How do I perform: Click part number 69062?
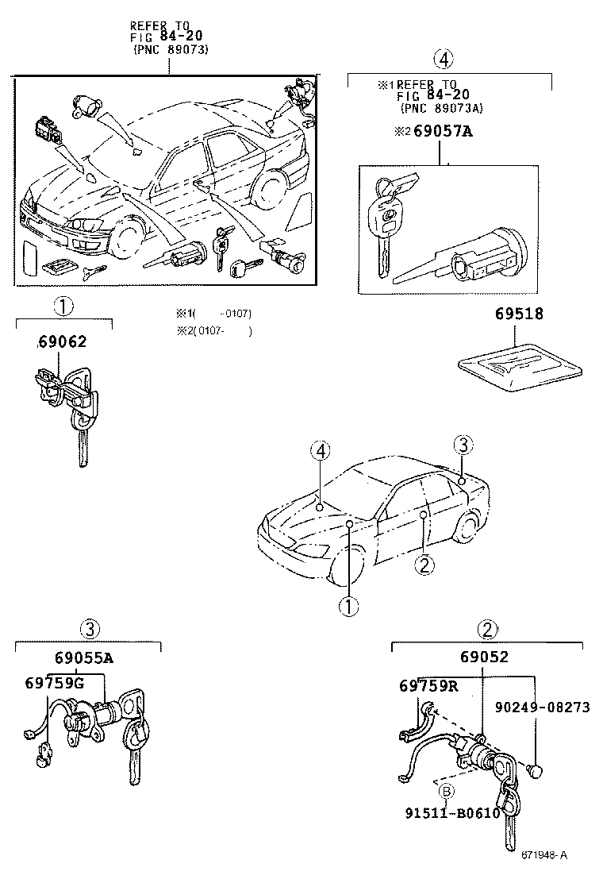[61, 342]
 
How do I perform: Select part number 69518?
[520, 314]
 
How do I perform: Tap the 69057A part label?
[439, 132]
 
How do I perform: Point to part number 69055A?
[84, 658]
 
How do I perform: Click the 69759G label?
[54, 683]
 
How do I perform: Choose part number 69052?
[483, 657]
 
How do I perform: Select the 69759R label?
[428, 684]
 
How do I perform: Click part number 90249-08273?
[543, 707]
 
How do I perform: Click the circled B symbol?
[446, 790]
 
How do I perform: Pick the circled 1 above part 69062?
[63, 306]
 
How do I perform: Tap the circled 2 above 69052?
[487, 630]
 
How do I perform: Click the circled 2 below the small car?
[424, 565]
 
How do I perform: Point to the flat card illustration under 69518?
[520, 365]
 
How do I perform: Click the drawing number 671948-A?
[544, 855]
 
